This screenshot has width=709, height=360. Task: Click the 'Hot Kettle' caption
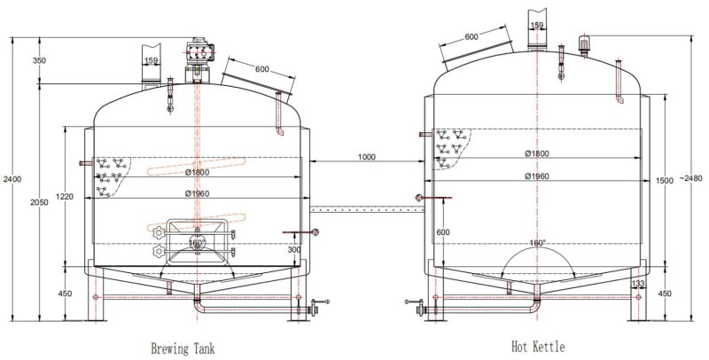pos(537,348)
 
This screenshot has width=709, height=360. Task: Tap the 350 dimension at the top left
pos(38,61)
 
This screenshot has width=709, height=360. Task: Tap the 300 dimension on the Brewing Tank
pos(295,251)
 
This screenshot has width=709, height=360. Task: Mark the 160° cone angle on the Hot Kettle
pos(537,242)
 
